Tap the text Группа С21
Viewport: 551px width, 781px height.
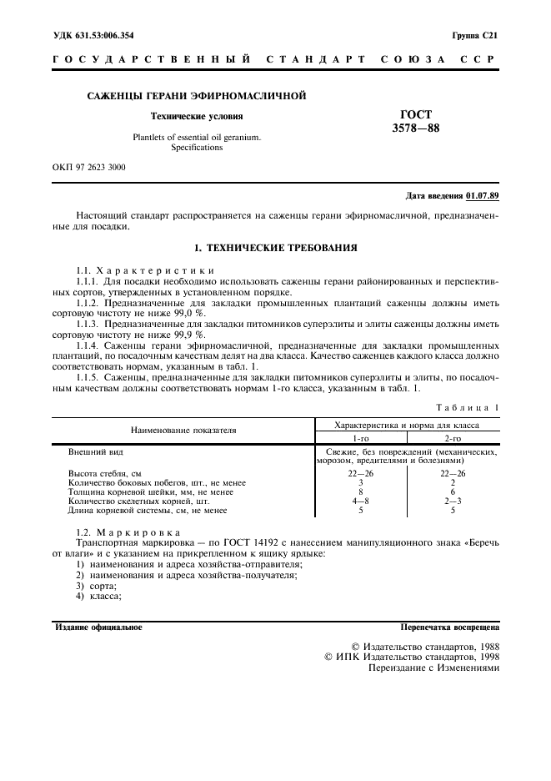click(475, 35)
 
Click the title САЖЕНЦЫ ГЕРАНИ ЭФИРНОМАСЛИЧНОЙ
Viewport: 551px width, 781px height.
click(197, 96)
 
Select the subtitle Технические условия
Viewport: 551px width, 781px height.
click(197, 117)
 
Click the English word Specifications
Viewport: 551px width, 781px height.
click(197, 147)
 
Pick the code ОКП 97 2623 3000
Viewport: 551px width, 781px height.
click(89, 167)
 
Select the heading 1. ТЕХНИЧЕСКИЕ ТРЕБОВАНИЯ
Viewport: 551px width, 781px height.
click(275, 248)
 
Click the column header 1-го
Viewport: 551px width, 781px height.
click(360, 437)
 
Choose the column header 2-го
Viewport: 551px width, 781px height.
click(453, 437)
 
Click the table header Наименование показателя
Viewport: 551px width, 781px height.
click(183, 431)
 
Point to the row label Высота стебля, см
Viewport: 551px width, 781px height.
click(105, 474)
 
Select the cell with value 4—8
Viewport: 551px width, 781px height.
click(360, 501)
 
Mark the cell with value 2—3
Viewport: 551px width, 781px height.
click(453, 501)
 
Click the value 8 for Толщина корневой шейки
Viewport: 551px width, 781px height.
click(360, 491)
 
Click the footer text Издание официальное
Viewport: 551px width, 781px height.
click(98, 625)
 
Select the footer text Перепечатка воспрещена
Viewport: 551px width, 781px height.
click(449, 625)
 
